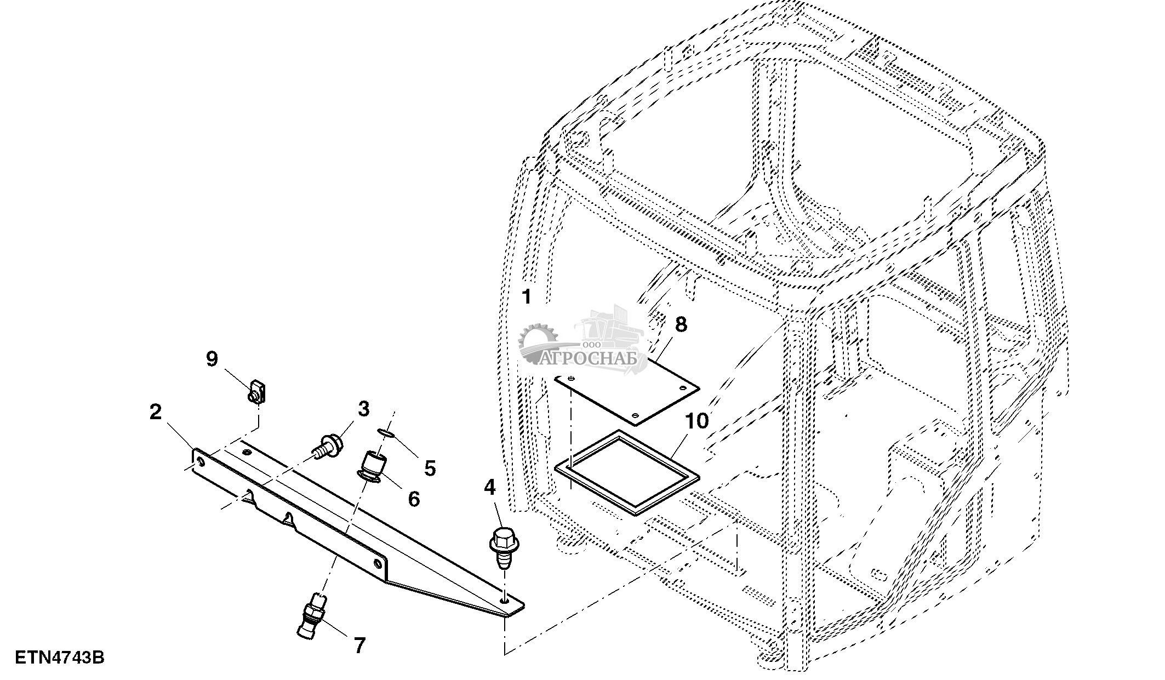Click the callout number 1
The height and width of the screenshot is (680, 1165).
tap(527, 297)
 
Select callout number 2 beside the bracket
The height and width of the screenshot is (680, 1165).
tap(156, 412)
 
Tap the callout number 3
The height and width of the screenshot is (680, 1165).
tap(363, 409)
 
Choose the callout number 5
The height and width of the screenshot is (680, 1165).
tap(430, 468)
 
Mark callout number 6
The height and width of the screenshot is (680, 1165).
tap(414, 499)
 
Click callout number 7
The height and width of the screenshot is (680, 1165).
tap(359, 645)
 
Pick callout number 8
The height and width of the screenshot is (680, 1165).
tap(681, 324)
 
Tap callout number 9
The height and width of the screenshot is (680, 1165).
tap(212, 359)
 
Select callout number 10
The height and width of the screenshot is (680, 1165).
tap(696, 421)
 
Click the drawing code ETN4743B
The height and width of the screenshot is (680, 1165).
tap(60, 657)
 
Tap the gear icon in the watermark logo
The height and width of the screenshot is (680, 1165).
tap(536, 342)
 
